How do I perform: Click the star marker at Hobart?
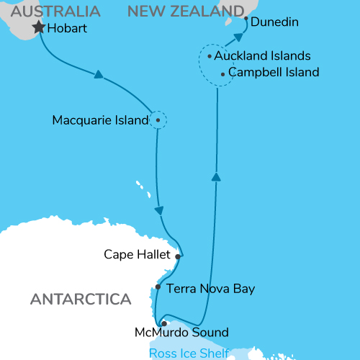(37, 28)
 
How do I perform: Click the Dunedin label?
(275, 23)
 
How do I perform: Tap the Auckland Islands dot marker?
(209, 55)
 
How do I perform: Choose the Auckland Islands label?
(262, 55)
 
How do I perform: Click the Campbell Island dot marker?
(222, 73)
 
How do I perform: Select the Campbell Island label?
(273, 73)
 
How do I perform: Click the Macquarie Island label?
(99, 120)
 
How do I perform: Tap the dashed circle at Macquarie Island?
(158, 120)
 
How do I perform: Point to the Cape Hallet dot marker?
(177, 255)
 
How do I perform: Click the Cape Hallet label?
(137, 254)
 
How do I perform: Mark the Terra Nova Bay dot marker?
(158, 287)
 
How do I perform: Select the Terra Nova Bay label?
(210, 289)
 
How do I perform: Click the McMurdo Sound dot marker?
(164, 323)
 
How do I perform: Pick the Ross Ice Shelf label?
(189, 353)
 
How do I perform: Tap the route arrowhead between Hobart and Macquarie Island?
(98, 74)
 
